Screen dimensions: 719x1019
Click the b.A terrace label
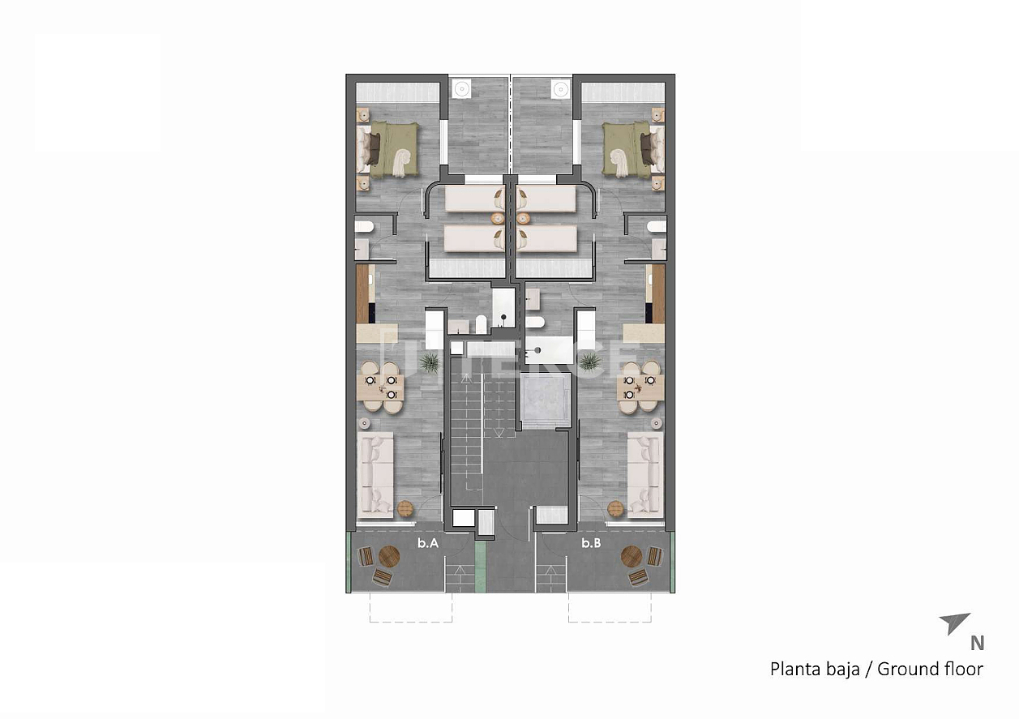tap(428, 545)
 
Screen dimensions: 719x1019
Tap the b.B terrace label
tap(591, 545)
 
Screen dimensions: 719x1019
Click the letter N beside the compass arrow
tap(978, 644)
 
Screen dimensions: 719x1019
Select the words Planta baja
tap(815, 670)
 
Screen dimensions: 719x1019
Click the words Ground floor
tap(930, 670)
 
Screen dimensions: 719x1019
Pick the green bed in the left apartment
tap(391, 149)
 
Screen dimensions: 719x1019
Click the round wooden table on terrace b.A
tap(389, 557)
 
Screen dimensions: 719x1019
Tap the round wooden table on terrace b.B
tap(631, 557)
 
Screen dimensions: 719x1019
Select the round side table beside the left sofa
tap(405, 509)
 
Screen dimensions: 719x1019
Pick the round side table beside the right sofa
tap(615, 508)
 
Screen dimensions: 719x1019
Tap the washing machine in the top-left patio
tap(463, 87)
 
